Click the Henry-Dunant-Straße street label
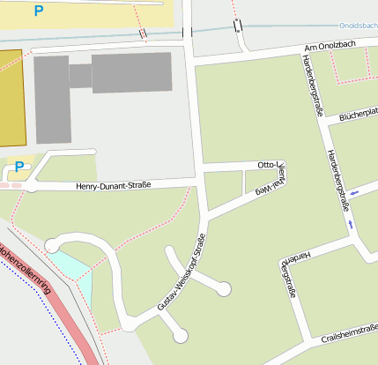(113, 185)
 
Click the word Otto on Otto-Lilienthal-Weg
(266, 165)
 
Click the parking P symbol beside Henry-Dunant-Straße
(19, 167)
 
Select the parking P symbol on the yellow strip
(39, 11)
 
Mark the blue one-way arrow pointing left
(354, 192)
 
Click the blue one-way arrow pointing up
(351, 225)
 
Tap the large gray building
(132, 72)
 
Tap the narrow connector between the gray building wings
(81, 77)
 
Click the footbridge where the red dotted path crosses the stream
(143, 33)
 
